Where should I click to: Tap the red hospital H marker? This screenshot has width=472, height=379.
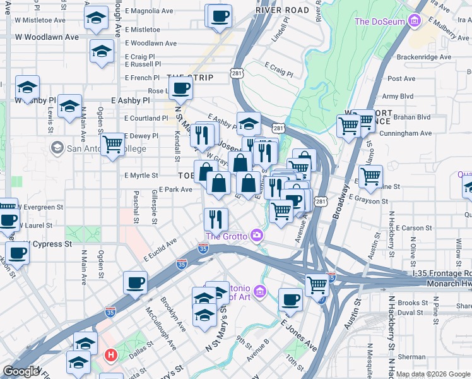point(111,356)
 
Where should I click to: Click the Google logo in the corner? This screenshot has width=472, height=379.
point(21,371)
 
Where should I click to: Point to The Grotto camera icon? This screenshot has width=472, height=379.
point(257,236)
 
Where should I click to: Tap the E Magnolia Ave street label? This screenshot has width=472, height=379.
point(149,11)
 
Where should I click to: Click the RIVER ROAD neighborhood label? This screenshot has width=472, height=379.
point(282,11)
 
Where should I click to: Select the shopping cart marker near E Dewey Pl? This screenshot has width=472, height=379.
point(113,143)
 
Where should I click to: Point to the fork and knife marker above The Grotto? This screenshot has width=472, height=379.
point(216,219)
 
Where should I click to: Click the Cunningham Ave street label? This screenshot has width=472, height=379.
point(408,133)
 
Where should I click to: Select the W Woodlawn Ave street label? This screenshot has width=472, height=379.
point(49,37)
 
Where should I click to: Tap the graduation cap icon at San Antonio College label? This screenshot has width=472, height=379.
point(56,148)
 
